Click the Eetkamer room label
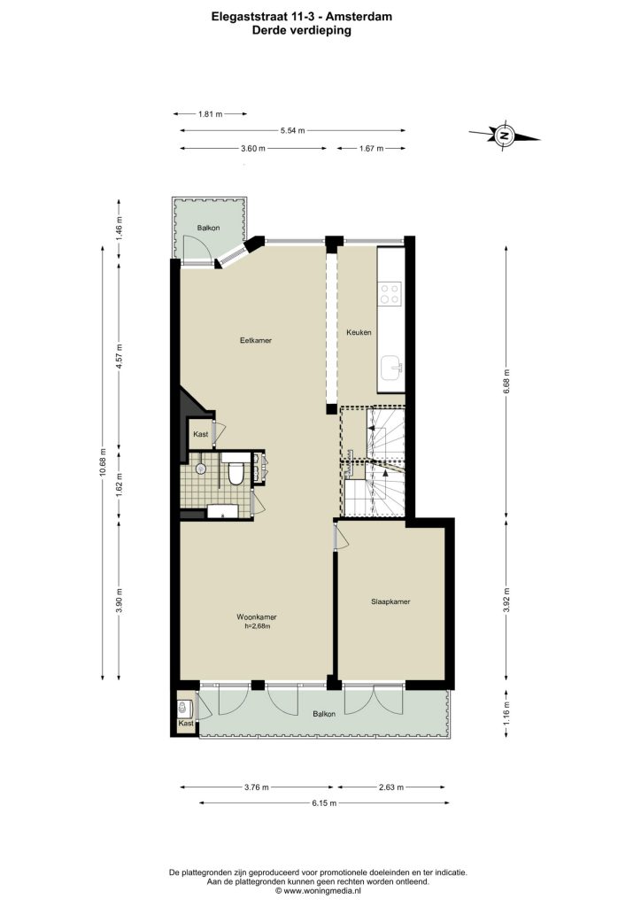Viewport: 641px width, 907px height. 256,340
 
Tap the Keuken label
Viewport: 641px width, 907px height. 359,332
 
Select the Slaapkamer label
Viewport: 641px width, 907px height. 390,601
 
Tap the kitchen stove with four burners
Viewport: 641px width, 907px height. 390,293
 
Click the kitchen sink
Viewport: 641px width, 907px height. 392,367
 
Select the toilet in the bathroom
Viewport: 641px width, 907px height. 236,473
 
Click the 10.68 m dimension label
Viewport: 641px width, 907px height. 103,462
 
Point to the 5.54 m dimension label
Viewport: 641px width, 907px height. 292,131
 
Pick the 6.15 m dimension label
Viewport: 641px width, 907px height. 324,802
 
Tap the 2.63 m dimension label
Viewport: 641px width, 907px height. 391,787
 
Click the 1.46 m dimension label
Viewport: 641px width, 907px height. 119,228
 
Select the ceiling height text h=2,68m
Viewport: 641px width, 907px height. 258,625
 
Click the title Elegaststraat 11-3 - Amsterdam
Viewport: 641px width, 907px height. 302,17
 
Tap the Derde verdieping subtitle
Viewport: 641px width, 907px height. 302,31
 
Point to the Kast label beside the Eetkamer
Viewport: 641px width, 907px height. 201,434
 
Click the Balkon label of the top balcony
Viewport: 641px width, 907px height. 208,228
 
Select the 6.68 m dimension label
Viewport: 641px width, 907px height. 507,383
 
